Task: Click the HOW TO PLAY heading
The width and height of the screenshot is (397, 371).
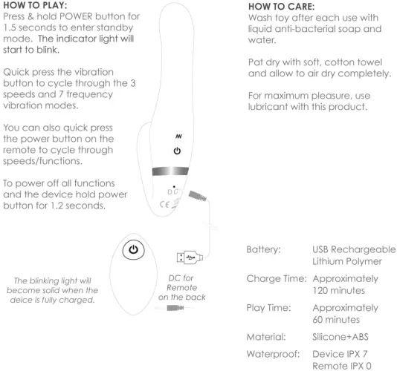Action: point(35,5)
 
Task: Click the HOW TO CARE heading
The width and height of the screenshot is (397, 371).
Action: point(281,7)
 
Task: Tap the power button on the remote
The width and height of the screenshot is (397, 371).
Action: point(133,250)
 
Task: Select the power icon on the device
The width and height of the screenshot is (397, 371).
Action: point(177,151)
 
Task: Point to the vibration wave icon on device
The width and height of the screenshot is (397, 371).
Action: point(178,137)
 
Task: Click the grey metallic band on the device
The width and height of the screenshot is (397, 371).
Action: point(170,171)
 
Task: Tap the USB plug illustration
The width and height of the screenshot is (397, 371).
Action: point(190,257)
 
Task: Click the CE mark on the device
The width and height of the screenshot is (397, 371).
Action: point(164,204)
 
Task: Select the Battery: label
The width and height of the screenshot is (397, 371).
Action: point(264,250)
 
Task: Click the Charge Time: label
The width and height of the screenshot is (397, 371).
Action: point(277,278)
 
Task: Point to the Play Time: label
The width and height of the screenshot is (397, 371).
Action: point(268,308)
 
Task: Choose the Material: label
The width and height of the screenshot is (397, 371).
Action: point(266,337)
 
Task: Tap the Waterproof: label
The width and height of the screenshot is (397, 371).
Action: point(273,354)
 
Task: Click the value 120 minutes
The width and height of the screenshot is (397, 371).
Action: point(339,290)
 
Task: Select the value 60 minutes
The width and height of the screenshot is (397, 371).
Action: point(336,320)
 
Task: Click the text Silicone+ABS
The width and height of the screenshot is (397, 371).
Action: point(340,337)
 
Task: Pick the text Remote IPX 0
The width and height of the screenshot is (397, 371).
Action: point(342,366)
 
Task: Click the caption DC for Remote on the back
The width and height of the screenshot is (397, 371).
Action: point(182,288)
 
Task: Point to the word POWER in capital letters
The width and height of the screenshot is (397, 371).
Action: point(76,16)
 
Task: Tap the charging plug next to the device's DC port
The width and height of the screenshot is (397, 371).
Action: point(198,196)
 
